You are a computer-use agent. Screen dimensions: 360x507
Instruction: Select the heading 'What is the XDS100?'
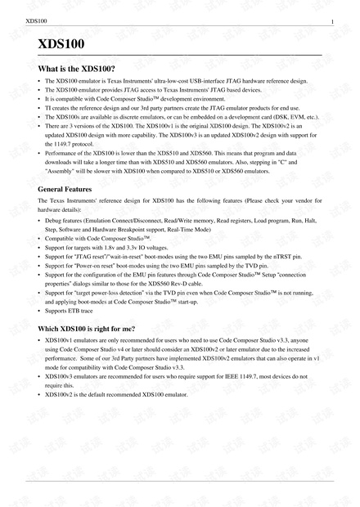pos(77,69)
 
